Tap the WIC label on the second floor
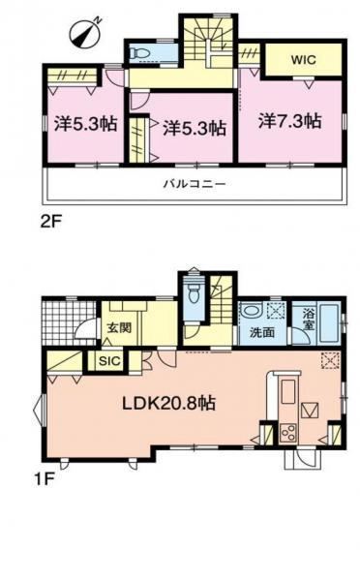click(303, 60)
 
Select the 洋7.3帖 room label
click(289, 121)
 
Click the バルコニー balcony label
click(195, 184)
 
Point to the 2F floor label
click(50, 223)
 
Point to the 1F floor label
click(45, 480)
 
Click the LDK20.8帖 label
click(169, 403)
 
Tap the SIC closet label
click(109, 361)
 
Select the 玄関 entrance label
click(119, 327)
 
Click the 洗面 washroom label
click(261, 332)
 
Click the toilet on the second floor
click(138, 53)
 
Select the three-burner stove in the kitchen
click(287, 433)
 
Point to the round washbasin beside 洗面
click(252, 311)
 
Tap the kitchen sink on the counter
click(288, 392)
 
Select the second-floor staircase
click(208, 40)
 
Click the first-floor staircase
click(222, 301)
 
